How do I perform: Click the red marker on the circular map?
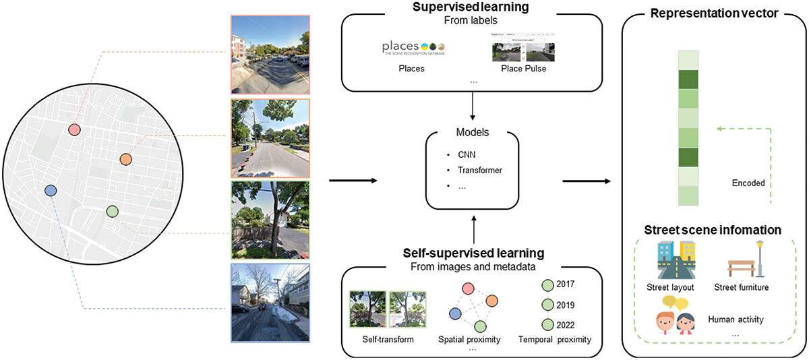(75, 129)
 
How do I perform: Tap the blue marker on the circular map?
(49, 191)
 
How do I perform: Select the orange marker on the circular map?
(125, 159)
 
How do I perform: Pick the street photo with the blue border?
(270, 303)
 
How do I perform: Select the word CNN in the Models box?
(467, 154)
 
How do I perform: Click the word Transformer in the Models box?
(479, 169)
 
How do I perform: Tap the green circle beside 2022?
(547, 324)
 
